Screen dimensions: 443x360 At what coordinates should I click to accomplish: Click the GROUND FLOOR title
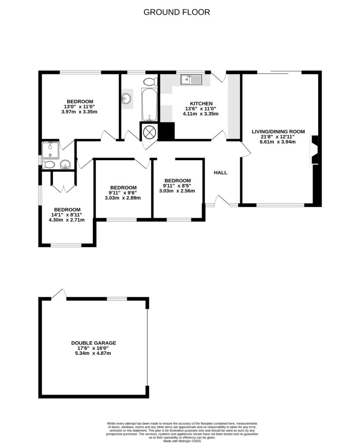176,12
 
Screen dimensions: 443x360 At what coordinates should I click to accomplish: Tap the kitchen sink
191,79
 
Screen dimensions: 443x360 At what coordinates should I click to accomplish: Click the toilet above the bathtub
150,81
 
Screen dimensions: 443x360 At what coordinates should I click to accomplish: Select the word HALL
220,173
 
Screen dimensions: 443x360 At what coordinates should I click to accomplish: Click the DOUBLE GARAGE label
94,343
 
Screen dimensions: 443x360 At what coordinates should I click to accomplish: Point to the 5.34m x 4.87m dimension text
94,353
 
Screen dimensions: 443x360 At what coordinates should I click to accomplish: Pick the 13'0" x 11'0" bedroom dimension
80,106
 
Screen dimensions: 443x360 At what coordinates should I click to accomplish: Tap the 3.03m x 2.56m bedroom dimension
177,191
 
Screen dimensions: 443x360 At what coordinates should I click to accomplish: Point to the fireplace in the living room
315,150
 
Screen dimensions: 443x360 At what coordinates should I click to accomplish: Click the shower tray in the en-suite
51,150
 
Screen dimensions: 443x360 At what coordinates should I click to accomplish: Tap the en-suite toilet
48,164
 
